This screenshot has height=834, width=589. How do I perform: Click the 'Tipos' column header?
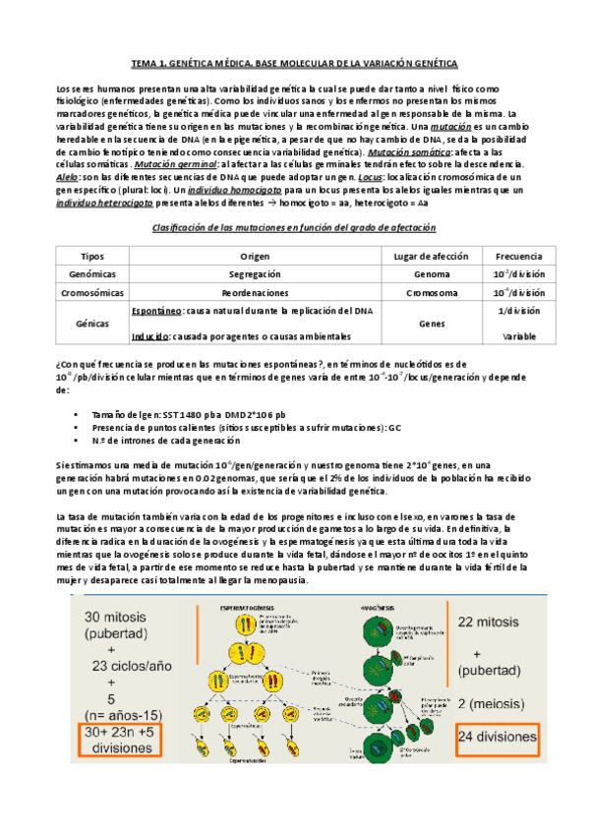tap(92, 256)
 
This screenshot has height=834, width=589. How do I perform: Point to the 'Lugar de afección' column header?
tap(430, 256)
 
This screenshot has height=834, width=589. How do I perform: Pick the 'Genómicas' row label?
tap(92, 274)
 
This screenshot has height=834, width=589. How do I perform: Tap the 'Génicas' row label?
tap(92, 322)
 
